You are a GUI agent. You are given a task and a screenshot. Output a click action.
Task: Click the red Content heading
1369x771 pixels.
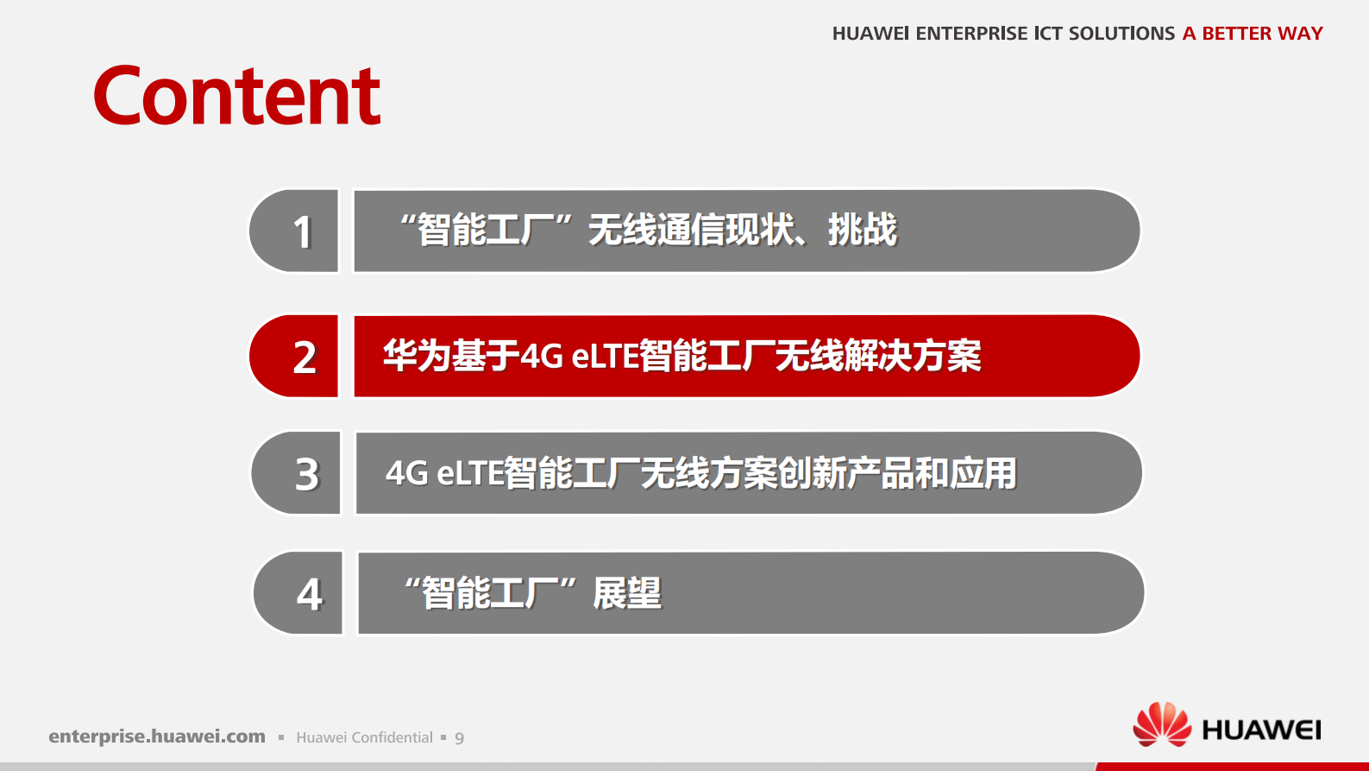tap(236, 97)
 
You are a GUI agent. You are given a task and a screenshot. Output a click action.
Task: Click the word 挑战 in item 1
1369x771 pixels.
tap(862, 231)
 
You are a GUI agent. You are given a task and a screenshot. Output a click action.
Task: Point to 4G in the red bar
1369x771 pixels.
tap(542, 356)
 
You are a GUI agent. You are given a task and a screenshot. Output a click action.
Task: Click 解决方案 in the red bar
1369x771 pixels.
tap(913, 356)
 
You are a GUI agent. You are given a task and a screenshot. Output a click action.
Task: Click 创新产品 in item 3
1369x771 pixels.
tap(845, 473)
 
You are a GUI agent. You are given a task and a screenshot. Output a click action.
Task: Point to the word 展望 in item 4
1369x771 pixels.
tap(627, 594)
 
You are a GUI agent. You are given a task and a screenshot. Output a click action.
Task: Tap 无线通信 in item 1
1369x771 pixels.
tap(656, 231)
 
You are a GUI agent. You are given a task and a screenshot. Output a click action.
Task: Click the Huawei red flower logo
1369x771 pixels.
tap(1161, 724)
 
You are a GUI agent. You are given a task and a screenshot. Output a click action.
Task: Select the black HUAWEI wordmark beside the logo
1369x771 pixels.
tap(1260, 730)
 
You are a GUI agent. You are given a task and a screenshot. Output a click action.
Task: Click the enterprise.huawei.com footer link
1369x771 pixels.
tap(157, 736)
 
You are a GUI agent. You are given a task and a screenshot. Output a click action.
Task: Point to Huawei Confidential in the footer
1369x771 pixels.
tap(364, 737)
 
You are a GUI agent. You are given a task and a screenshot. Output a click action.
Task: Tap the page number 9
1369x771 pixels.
tap(460, 738)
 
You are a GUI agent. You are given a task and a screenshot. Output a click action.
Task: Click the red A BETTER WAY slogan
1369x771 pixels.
tap(1253, 34)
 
